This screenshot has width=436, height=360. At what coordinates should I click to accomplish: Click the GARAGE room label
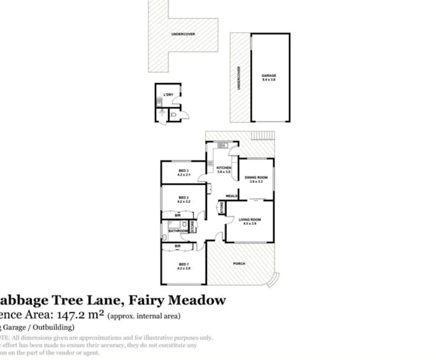click(269, 76)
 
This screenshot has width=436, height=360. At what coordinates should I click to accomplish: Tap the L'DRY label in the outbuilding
click(169, 95)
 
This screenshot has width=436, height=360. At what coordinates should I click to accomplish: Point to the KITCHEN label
click(224, 168)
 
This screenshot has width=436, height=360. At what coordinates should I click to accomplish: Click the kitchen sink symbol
click(222, 145)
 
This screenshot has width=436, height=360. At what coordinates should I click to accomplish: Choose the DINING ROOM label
click(256, 177)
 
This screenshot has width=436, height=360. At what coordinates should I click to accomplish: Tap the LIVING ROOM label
click(249, 219)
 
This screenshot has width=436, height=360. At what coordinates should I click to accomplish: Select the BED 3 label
click(183, 171)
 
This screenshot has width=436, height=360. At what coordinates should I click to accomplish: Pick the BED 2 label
click(183, 198)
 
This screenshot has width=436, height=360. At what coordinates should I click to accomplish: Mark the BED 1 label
click(183, 264)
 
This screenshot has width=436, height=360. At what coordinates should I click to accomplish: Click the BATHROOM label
click(178, 231)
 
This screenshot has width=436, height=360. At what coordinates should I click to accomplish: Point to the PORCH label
click(239, 264)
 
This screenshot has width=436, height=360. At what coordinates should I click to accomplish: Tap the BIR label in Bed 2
click(177, 215)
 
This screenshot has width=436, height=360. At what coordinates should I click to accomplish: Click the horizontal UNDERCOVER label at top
click(183, 34)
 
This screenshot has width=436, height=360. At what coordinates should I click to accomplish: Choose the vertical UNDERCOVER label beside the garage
click(239, 77)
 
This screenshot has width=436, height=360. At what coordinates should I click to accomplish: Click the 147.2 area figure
click(80, 315)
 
